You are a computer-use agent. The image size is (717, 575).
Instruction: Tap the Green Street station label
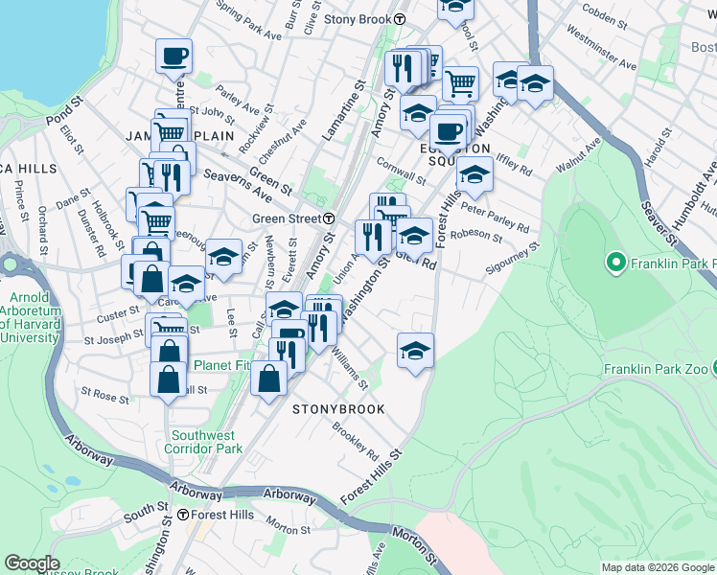286,218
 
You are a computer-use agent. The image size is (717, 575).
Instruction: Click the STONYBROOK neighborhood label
338,409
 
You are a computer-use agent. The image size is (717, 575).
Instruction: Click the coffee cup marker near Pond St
173,57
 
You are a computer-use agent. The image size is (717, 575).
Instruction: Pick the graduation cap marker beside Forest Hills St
416,350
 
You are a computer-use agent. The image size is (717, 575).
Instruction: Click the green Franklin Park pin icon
614,261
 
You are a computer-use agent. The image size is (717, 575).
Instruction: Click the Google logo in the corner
32,563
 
